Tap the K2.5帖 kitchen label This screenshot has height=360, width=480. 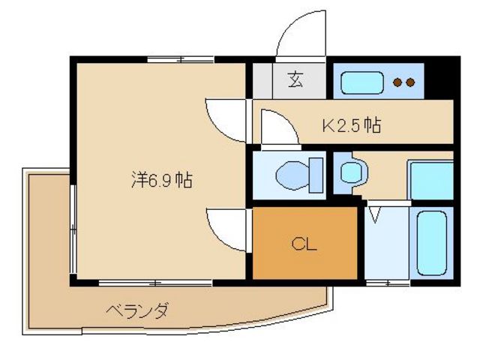pyautogui.click(x=352, y=125)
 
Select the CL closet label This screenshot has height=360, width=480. pyautogui.click(x=303, y=244)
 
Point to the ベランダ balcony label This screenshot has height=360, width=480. pyautogui.click(x=136, y=310)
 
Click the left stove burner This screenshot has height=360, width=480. pyautogui.click(x=397, y=82)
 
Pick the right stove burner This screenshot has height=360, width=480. pyautogui.click(x=410, y=82)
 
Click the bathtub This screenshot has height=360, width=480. pyautogui.click(x=430, y=242)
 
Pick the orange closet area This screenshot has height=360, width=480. pyautogui.click(x=303, y=259)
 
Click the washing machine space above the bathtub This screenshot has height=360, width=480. pyautogui.click(x=430, y=180)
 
